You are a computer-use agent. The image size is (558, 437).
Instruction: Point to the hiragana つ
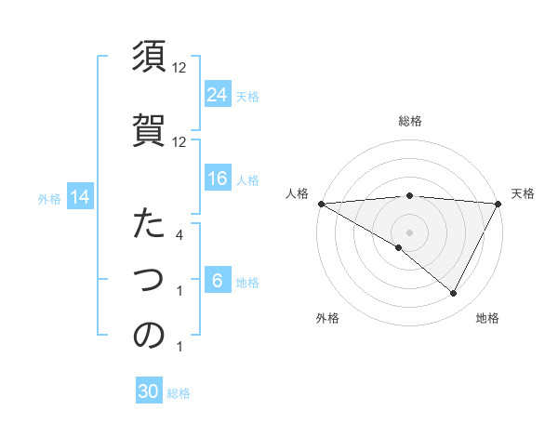pyautogui.click(x=149, y=279)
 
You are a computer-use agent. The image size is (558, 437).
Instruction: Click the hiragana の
pyautogui.click(x=149, y=336)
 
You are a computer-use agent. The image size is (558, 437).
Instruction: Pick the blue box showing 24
pyautogui.click(x=218, y=94)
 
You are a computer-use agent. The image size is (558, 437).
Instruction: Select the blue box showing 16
pyautogui.click(x=218, y=179)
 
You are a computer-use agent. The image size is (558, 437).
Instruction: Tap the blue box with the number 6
pyautogui.click(x=218, y=282)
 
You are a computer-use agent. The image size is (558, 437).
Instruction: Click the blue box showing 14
pyautogui.click(x=79, y=197)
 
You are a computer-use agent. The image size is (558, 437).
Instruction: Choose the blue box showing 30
pyautogui.click(x=149, y=392)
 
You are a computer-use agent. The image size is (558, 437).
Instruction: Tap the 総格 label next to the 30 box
pyautogui.click(x=179, y=393)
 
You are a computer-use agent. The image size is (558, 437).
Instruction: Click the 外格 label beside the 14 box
pyautogui.click(x=49, y=198)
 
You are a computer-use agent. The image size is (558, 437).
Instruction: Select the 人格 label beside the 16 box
pyautogui.click(x=246, y=180)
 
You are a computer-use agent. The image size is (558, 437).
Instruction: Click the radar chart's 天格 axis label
pyautogui.click(x=523, y=193)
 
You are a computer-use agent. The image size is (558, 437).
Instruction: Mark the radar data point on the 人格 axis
pyautogui.click(x=321, y=204)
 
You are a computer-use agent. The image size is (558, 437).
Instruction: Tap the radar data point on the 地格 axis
pyautogui.click(x=454, y=294)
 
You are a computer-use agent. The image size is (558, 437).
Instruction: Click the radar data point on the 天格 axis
pyautogui.click(x=498, y=204)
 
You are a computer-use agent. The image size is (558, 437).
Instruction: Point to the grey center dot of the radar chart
pyautogui.click(x=409, y=232)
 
